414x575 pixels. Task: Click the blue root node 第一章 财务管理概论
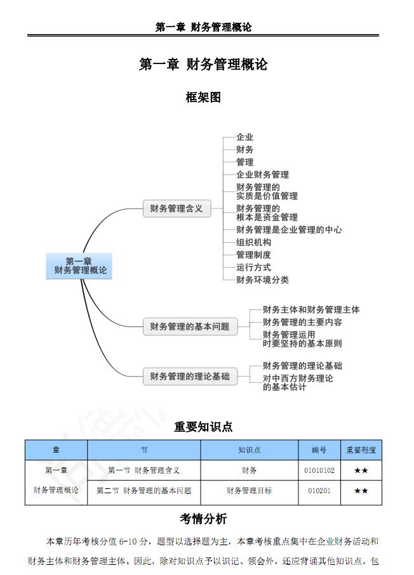coord(79,266)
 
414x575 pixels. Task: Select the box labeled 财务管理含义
coord(177,209)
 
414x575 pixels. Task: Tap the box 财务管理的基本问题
coord(190,326)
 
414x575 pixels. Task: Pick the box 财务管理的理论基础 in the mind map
coord(190,376)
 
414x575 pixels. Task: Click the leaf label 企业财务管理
coord(262,174)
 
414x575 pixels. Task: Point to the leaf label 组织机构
coord(253,242)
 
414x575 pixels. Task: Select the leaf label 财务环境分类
coord(262,280)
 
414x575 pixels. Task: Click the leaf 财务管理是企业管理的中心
coord(289,230)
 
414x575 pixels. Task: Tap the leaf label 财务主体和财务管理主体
coord(311,309)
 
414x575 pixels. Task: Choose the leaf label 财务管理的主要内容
coord(302,322)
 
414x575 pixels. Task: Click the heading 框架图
coord(203,98)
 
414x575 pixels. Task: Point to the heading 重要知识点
coord(203,427)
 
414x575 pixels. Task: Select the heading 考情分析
coord(203,519)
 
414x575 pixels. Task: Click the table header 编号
coord(319,450)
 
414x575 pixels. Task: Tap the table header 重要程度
coord(361,450)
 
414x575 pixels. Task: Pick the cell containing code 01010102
coord(319,470)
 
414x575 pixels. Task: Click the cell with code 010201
coord(319,491)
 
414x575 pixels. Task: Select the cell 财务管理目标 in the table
coord(249,491)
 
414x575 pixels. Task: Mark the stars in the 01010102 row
coord(361,470)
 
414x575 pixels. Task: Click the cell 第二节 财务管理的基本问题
coord(144,491)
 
